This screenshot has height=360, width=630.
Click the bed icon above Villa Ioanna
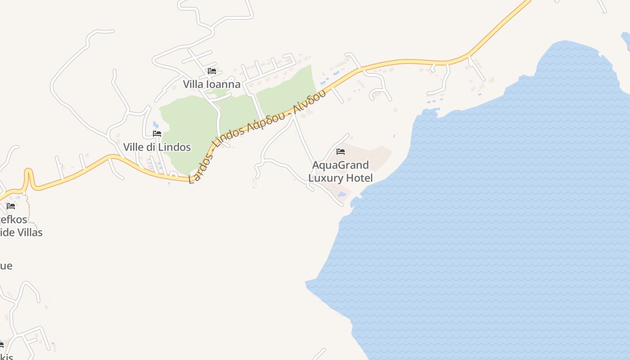pos(212,71)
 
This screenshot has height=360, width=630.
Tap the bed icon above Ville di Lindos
pos(157,134)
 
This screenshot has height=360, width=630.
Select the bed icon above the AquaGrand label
pos(341,152)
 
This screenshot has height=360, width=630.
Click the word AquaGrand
pos(340,165)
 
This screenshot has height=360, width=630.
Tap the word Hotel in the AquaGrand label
pos(359,178)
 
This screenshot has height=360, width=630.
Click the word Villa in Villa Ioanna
pos(193,84)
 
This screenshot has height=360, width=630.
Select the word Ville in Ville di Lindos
pos(134,147)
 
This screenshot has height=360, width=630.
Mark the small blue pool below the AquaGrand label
pos(342,195)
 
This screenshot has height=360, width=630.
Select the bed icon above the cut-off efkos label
pos(11,206)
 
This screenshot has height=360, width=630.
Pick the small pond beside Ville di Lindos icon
pos(156,124)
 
